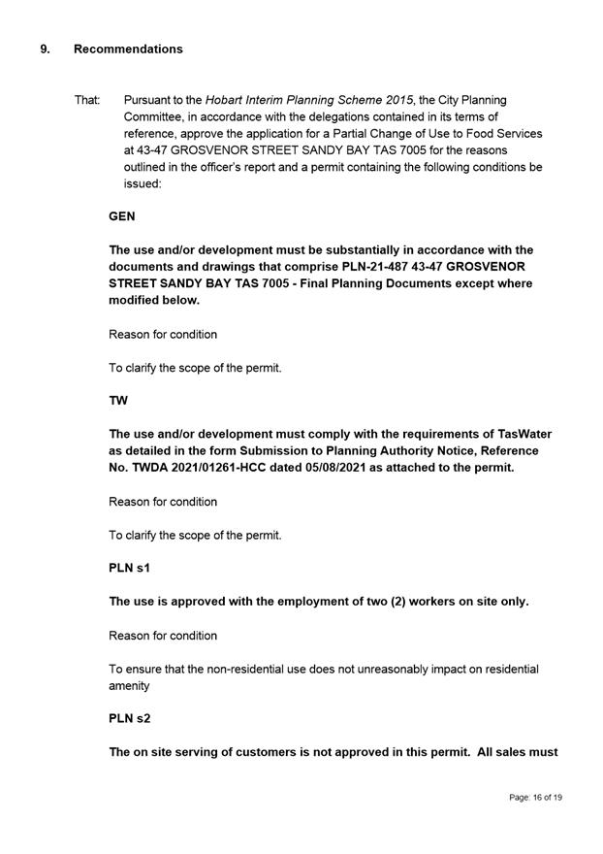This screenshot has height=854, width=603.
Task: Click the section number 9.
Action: [x=45, y=49]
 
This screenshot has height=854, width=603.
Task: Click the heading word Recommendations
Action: [x=128, y=49]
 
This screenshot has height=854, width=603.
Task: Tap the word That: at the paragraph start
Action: [x=87, y=100]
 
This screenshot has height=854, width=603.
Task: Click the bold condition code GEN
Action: [x=122, y=218]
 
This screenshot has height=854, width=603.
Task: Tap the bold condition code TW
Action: [x=118, y=401]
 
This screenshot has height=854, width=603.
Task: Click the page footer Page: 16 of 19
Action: [x=535, y=798]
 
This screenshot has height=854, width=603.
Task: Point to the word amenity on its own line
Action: [x=130, y=685]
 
